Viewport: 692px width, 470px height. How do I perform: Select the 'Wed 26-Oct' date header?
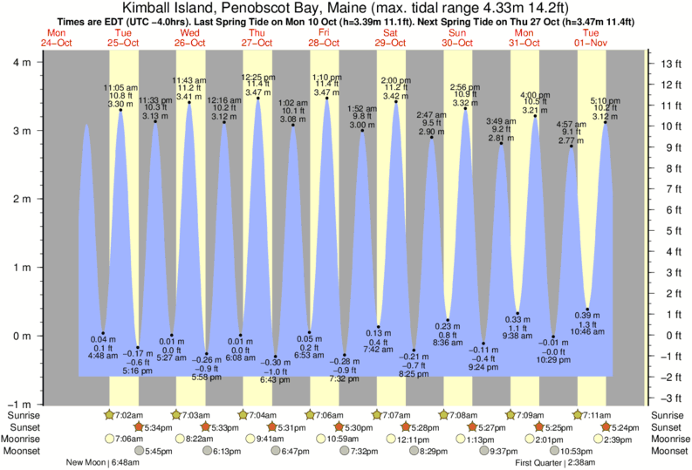(189, 37)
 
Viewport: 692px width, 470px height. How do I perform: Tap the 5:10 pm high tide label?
(606, 100)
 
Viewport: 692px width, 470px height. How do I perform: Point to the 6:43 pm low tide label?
(276, 379)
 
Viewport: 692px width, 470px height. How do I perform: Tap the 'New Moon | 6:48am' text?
(96, 462)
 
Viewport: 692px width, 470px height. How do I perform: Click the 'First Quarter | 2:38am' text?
(556, 462)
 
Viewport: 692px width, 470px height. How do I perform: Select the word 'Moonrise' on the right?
(669, 439)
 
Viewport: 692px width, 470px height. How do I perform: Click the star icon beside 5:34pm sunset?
(139, 427)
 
